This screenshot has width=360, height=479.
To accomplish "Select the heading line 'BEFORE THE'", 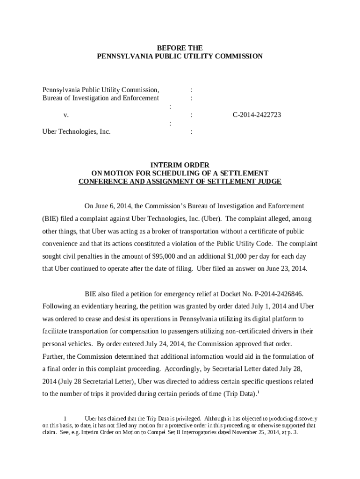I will coord(180,48).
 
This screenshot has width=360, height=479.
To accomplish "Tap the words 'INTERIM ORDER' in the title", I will coord(180,165).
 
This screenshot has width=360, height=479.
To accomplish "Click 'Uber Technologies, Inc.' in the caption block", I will coord(77,131).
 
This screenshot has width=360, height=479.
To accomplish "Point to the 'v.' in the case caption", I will coord(66,115).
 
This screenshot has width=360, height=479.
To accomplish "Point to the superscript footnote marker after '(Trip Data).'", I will coord(259,392).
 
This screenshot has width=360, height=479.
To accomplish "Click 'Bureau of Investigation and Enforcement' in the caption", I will coord(101,98).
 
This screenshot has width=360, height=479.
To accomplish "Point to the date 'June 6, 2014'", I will coord(113,206).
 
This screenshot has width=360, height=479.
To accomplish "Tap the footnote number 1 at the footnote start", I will coord(66,419).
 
